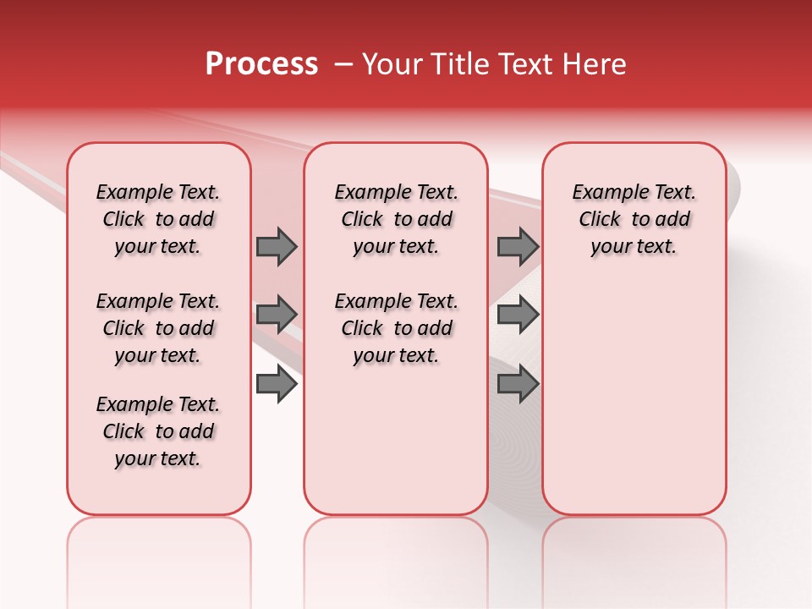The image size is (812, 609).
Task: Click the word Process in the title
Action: pos(261,64)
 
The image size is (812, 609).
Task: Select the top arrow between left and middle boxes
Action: pos(277,247)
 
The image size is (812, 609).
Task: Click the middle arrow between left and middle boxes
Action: pos(277,315)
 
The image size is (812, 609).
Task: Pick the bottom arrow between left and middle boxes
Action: pos(277,385)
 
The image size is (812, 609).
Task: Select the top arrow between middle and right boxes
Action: pos(518,247)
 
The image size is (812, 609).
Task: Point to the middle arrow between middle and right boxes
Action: pos(518,315)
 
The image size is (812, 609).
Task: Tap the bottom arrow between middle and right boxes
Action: pos(518,385)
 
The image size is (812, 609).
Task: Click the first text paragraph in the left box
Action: pos(158,219)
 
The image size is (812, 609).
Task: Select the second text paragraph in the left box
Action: pos(158,328)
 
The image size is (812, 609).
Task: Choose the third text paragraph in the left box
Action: pos(158,431)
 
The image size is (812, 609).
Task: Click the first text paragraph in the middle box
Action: pos(396,219)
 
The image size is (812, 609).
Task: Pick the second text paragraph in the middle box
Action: pos(396,328)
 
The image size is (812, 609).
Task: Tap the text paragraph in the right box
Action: pos(634,219)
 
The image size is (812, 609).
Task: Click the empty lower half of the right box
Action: pos(634,406)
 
